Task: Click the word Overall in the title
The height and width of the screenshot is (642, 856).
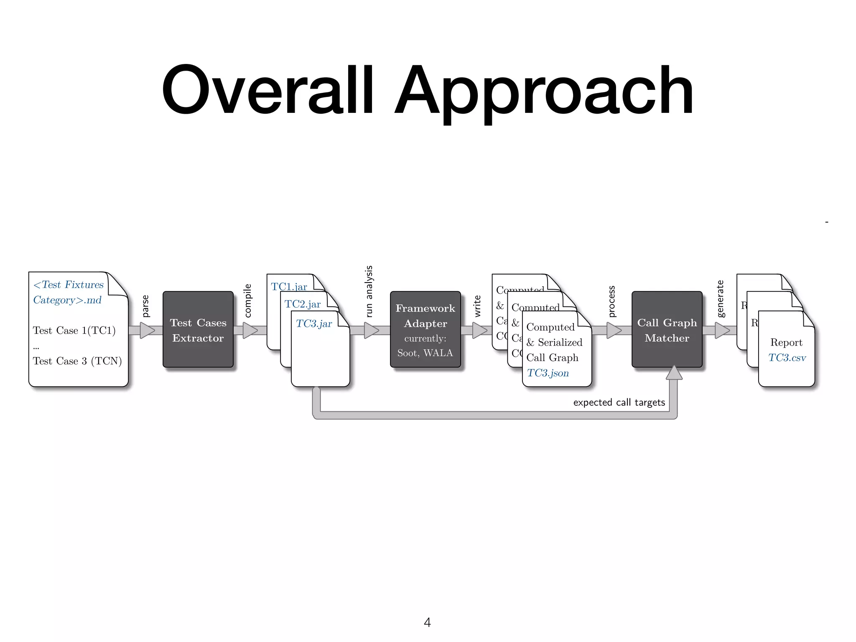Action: (267, 90)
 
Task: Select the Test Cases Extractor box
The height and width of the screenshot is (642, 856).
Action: (198, 330)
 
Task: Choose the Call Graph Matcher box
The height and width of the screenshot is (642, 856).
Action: (667, 330)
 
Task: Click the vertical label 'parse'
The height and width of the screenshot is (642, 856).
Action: (145, 306)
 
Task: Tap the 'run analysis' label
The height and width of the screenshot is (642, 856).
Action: (369, 291)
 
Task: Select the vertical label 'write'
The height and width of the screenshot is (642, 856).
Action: (477, 306)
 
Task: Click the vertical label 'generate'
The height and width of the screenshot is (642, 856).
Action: (720, 299)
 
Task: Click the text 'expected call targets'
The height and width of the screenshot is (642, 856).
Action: (619, 403)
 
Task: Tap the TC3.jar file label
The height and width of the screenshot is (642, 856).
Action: (314, 324)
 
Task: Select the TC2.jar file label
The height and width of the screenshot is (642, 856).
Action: (303, 304)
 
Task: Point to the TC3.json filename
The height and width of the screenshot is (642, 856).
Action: (548, 373)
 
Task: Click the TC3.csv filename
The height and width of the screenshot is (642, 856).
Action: (787, 358)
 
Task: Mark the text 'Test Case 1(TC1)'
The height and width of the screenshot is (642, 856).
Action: (74, 330)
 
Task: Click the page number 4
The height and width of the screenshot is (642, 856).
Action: (427, 622)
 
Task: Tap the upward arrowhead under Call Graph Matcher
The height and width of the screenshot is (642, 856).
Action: (674, 373)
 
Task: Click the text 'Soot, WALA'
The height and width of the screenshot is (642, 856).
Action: (425, 353)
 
